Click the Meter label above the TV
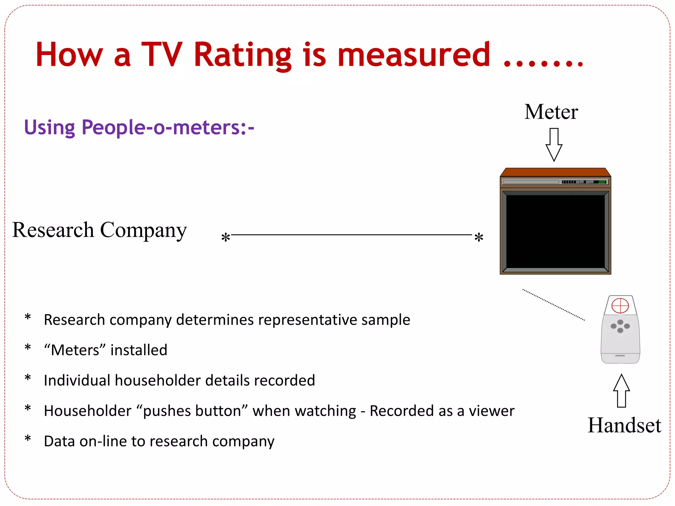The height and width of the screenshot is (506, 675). click(x=551, y=112)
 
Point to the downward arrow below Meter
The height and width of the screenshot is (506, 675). click(x=554, y=145)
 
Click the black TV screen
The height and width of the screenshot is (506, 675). click(x=555, y=231)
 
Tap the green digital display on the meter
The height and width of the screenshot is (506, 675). click(x=602, y=182)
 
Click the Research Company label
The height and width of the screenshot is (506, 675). click(x=100, y=230)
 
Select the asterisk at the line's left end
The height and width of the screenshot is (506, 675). click(x=225, y=237)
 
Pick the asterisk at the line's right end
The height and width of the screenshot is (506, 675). click(x=479, y=237)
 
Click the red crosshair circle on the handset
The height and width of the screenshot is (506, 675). click(x=620, y=306)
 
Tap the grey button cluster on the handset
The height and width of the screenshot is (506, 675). click(x=620, y=326)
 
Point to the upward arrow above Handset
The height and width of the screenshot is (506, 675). click(x=622, y=391)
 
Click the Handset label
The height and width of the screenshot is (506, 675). click(x=624, y=425)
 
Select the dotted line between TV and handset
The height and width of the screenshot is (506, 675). click(x=554, y=305)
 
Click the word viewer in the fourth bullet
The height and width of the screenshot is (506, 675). click(x=491, y=411)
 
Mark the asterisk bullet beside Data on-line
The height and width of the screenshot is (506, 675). click(x=28, y=439)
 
